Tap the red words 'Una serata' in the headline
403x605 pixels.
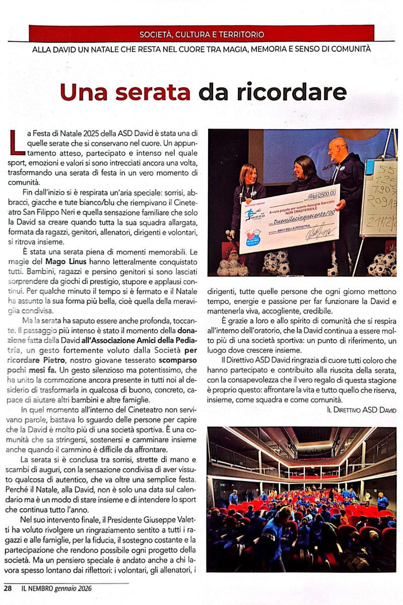coord(125,92)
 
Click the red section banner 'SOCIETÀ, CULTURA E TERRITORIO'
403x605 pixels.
coord(201,35)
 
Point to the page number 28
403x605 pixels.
coord(8,588)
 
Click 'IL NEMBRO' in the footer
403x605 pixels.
coord(37,588)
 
